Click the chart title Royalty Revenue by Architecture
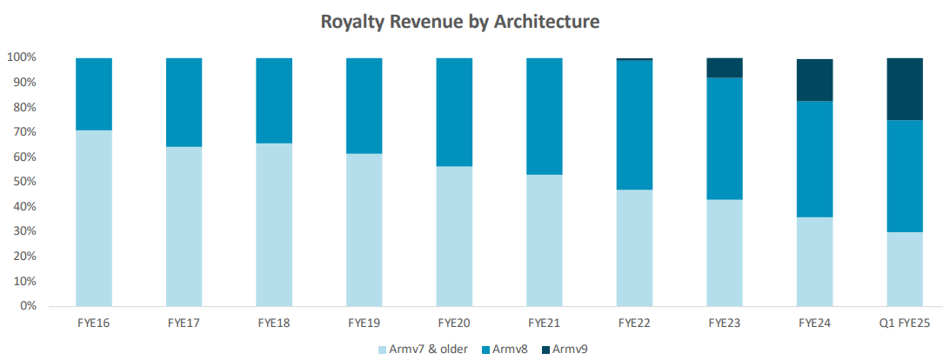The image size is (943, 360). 460,22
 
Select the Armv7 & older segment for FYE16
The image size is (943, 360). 94,217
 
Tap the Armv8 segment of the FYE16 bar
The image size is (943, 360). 94,94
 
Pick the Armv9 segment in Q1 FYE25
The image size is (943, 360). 904,89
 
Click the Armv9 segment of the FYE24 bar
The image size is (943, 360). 815,80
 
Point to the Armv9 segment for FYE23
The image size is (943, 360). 725,68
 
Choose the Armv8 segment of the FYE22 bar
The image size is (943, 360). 634,124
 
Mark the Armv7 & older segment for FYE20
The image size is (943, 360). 454,236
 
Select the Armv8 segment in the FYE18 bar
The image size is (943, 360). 274,100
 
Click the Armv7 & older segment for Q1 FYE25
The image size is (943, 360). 904,269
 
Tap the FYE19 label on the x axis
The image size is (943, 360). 364,323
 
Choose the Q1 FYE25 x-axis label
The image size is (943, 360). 904,323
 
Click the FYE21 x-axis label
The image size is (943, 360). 545,323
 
